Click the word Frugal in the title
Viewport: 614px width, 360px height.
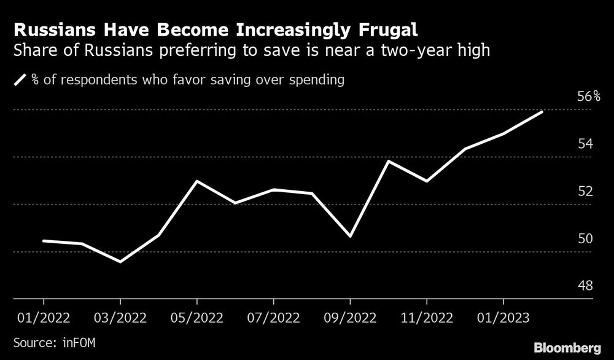click(x=381, y=30)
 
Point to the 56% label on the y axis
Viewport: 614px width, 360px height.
click(x=589, y=96)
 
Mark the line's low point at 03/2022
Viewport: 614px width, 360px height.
click(x=120, y=262)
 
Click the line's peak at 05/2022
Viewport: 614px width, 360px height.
click(x=196, y=181)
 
